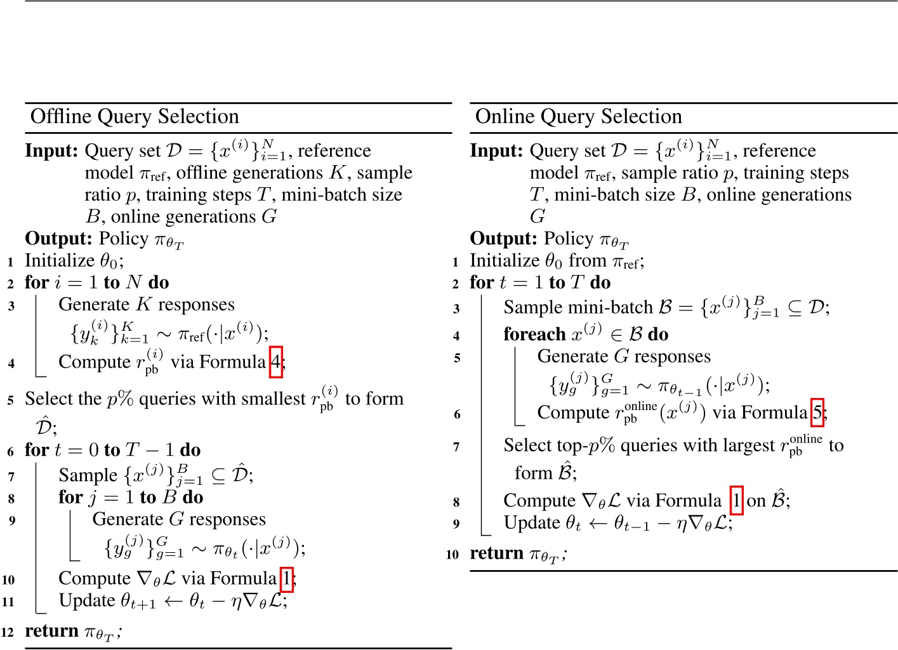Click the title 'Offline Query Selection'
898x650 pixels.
tap(135, 117)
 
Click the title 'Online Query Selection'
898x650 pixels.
tap(578, 117)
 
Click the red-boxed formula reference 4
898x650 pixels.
tap(275, 362)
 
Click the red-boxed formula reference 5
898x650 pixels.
tap(817, 413)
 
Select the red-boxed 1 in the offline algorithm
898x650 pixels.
tap(286, 578)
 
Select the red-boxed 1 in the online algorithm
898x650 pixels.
tap(736, 501)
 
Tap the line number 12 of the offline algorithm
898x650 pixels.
tap(8, 632)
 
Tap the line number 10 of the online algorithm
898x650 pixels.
tap(452, 555)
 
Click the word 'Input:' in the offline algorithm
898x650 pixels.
tap(51, 151)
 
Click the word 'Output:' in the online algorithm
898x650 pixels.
tap(503, 239)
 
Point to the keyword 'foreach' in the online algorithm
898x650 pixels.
tap(534, 335)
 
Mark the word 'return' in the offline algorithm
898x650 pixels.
tap(52, 631)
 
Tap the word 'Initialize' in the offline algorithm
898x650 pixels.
tap(60, 261)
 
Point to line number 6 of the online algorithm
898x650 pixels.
tap(456, 415)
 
